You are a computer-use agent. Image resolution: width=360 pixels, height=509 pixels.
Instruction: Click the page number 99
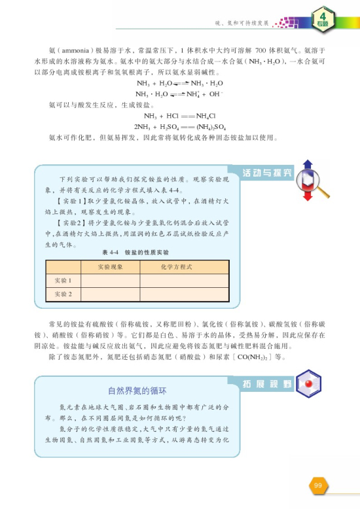(x=317, y=485)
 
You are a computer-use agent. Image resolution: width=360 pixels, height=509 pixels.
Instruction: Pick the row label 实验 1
(x=63, y=281)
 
